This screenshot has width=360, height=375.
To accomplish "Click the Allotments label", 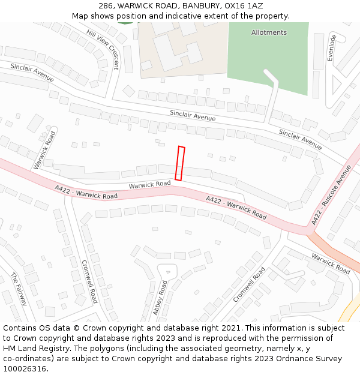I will coord(269,32).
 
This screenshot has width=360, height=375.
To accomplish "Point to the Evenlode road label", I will coord(331,47).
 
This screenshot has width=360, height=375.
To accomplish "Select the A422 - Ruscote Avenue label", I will coord(331,196).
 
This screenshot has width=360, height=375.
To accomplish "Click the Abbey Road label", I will coord(160,298).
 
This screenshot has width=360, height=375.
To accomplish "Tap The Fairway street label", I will coord(19,289).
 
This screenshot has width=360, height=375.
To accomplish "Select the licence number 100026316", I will coord(25,369).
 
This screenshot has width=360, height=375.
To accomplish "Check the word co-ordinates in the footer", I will coord(28,359).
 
